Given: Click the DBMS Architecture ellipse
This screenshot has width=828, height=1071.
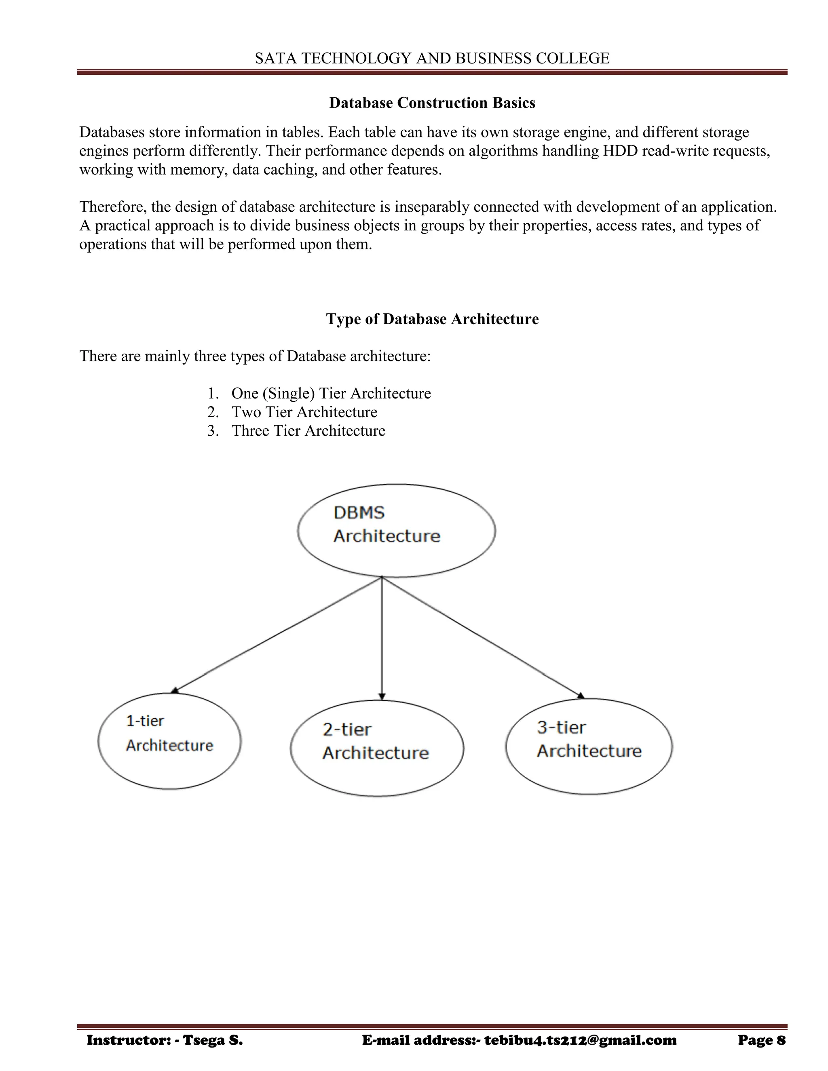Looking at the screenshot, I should (x=396, y=531).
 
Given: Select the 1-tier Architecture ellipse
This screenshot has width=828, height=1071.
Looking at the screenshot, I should (x=169, y=741).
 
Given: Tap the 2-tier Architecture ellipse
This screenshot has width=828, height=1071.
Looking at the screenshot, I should (x=377, y=748).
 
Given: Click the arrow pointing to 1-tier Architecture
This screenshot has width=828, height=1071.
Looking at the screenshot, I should (x=277, y=635).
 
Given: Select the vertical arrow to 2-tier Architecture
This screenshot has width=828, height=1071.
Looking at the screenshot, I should (x=382, y=637).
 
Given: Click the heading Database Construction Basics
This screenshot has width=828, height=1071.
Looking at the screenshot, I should (x=432, y=103).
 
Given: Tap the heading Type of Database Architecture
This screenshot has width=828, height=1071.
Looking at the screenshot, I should (x=432, y=319).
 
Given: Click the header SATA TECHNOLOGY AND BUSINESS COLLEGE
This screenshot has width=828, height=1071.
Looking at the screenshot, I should (x=432, y=58).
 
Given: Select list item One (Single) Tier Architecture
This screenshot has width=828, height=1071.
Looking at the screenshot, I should (x=331, y=393).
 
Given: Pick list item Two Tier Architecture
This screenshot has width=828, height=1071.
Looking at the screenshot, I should (x=304, y=412).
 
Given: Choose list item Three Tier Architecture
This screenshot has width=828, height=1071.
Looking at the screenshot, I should (x=308, y=430).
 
